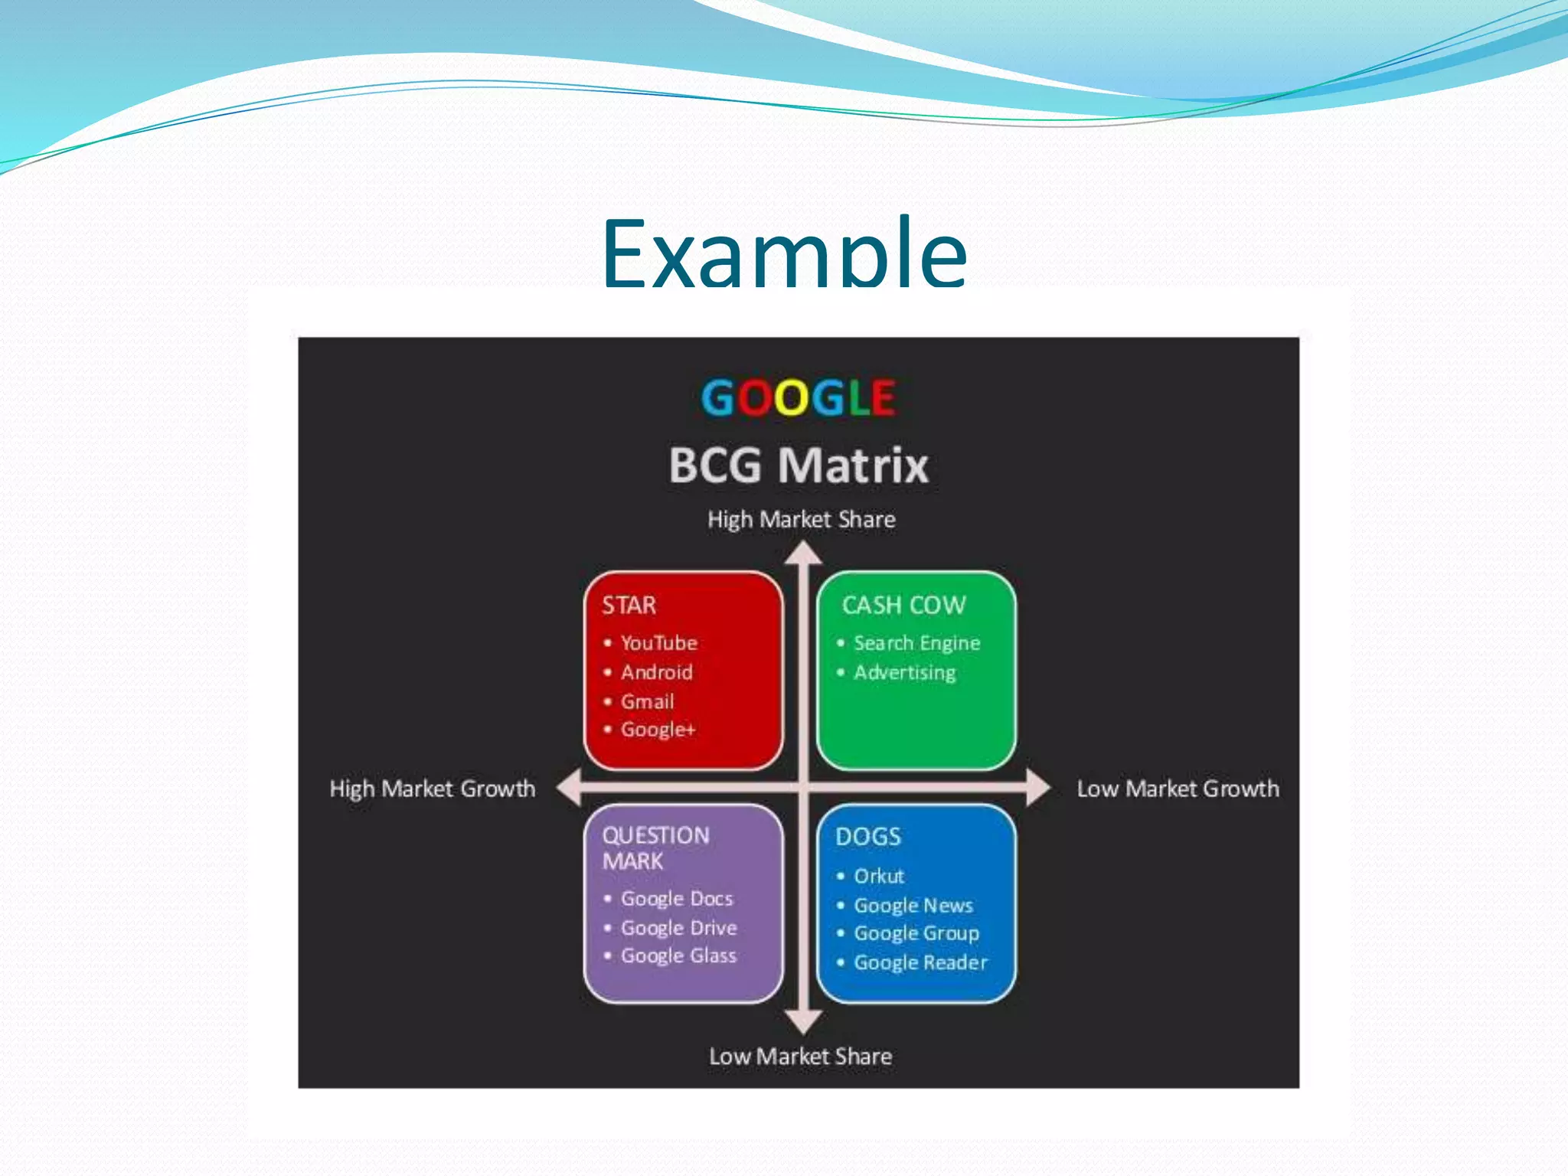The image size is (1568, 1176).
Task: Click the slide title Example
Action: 784,253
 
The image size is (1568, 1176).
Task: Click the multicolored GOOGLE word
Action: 798,398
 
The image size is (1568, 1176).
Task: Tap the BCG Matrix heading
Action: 798,465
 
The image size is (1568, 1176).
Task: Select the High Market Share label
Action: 801,520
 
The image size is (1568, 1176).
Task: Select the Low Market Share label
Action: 800,1057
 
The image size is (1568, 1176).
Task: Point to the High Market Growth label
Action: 433,789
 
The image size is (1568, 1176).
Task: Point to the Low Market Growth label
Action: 1178,789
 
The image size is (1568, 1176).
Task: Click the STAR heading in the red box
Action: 629,606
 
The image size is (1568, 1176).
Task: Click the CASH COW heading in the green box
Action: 903,606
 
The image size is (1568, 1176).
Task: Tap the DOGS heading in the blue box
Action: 868,837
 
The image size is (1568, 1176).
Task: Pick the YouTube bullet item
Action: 658,643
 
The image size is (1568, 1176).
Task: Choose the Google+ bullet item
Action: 658,730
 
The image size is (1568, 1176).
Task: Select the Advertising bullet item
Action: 904,673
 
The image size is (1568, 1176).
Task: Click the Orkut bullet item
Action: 878,876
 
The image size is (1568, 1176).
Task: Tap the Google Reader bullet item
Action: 920,962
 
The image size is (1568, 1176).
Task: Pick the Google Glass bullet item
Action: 678,955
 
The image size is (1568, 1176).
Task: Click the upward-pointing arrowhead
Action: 803,554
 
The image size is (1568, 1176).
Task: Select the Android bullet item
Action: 656,672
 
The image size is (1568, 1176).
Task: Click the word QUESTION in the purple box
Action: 655,835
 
